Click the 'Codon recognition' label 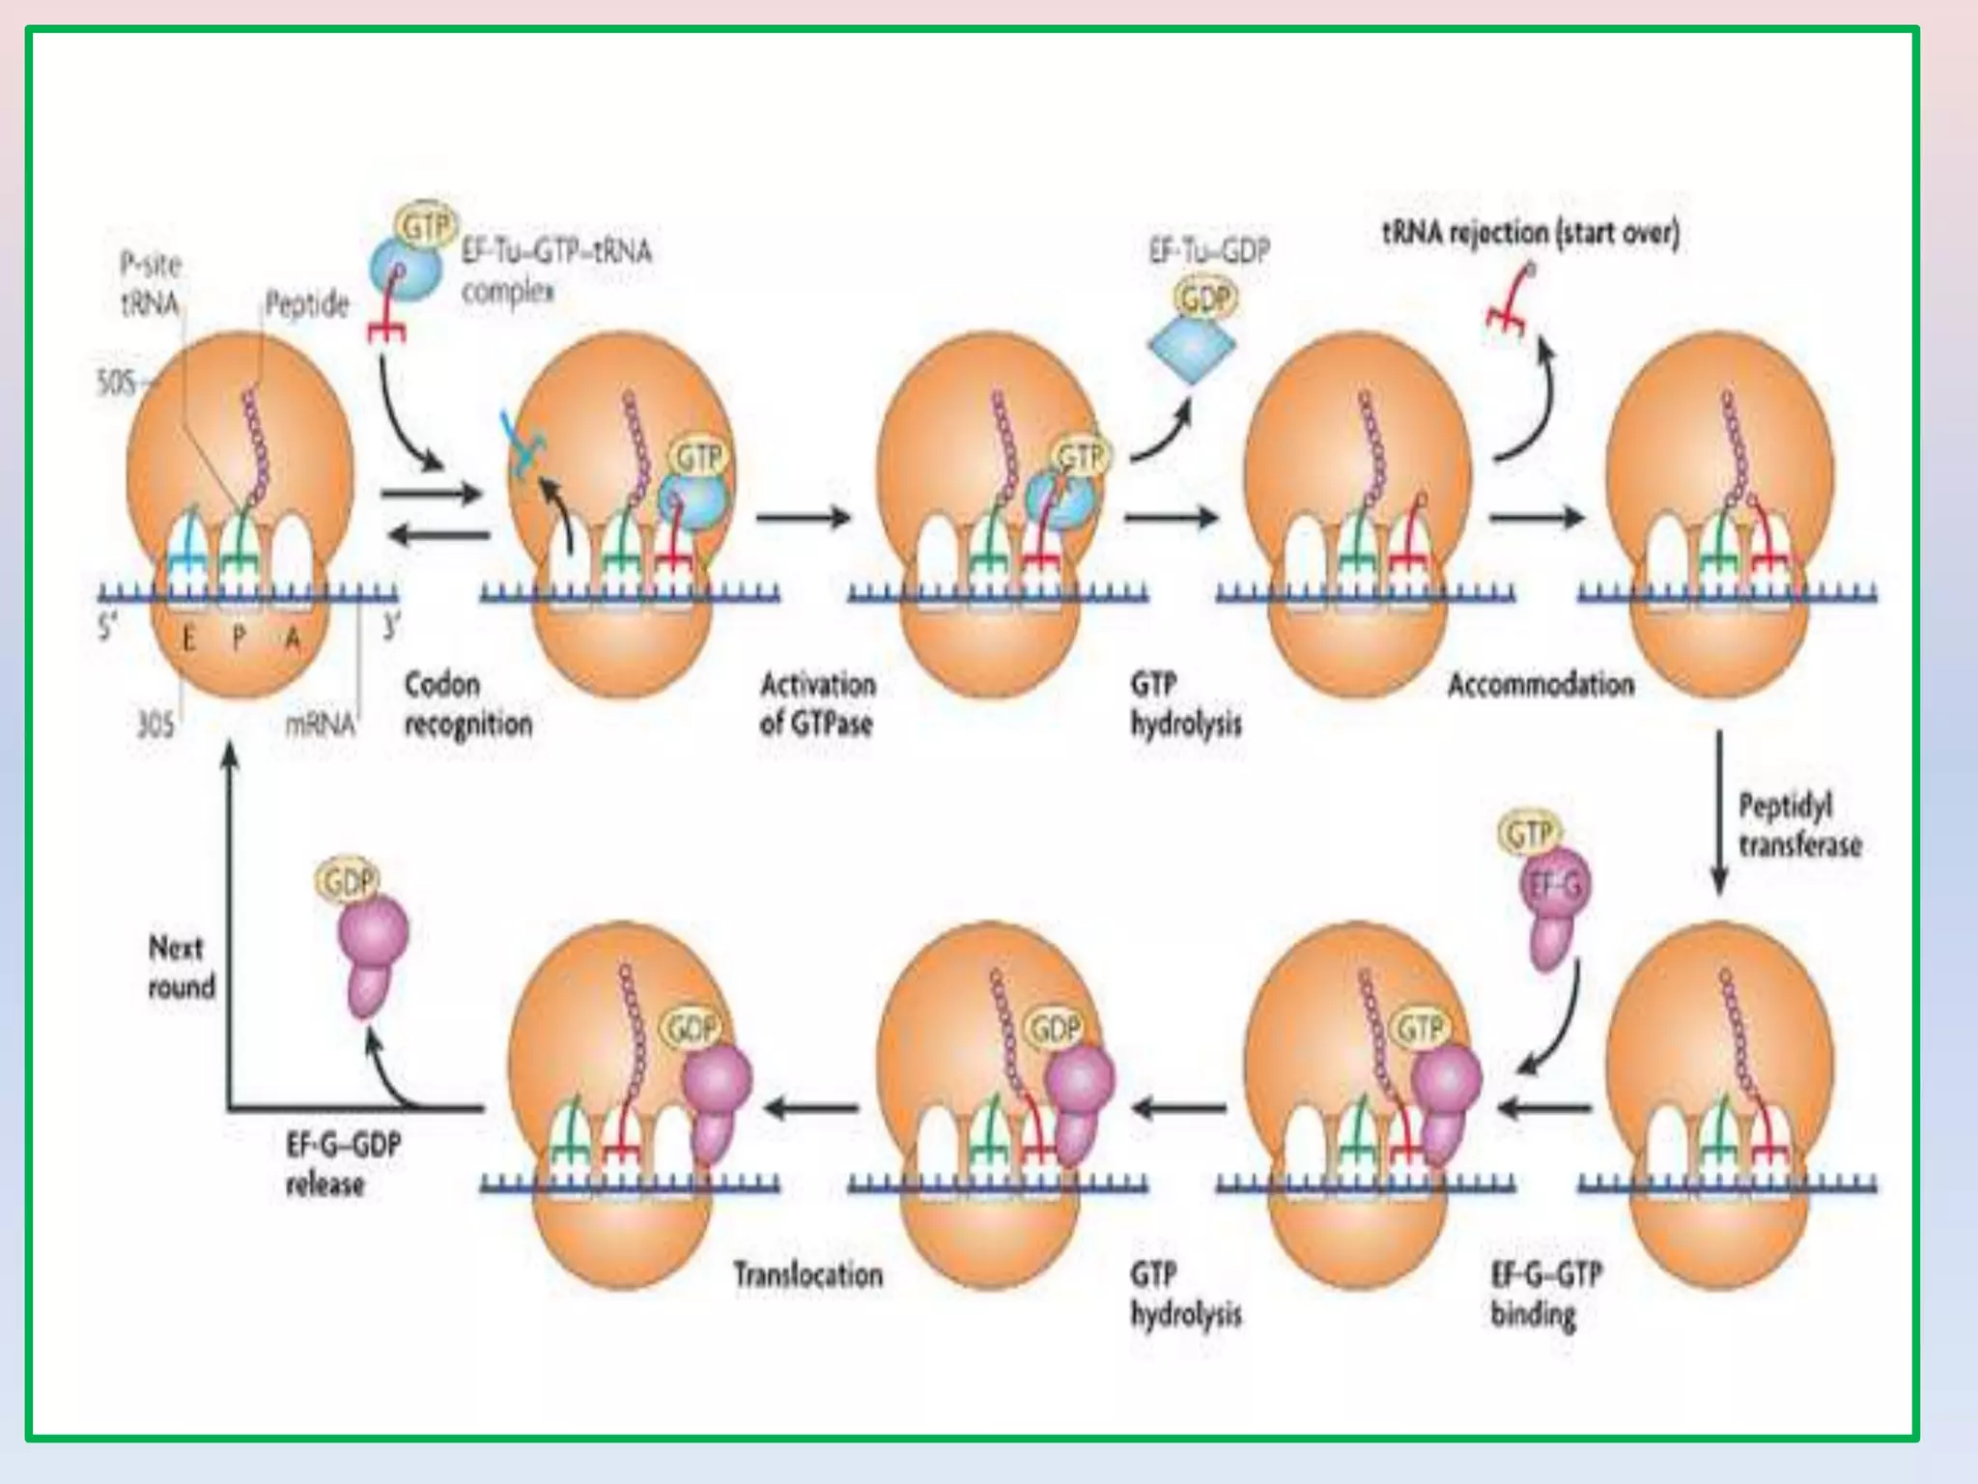[467, 704]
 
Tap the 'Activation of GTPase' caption [817, 704]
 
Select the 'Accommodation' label [1540, 685]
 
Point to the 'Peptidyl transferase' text [1799, 825]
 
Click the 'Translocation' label [807, 1275]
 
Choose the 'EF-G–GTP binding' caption [1545, 1295]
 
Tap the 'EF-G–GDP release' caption [343, 1164]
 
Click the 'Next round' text [180, 967]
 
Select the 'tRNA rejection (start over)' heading [1531, 233]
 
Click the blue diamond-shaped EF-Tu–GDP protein [1192, 344]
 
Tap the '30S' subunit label [155, 724]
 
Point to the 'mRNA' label [320, 724]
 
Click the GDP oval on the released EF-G [346, 881]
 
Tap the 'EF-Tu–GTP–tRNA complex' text [555, 271]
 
